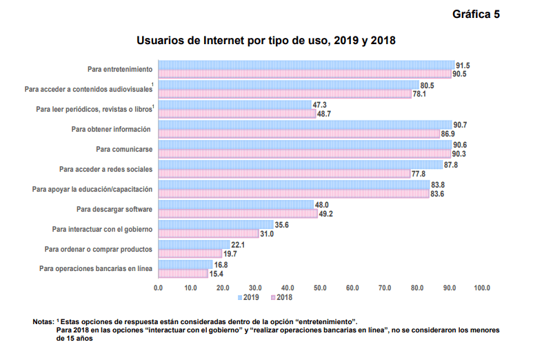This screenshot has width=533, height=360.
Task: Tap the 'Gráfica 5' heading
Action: pyautogui.click(x=476, y=14)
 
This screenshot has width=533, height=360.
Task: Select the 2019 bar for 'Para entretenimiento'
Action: pyautogui.click(x=306, y=65)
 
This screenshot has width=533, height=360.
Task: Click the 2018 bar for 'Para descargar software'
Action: pyautogui.click(x=238, y=214)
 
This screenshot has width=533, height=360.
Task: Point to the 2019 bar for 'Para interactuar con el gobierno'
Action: pyautogui.click(x=215, y=225)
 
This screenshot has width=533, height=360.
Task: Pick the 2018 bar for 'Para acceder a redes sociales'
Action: pyautogui.click(x=284, y=174)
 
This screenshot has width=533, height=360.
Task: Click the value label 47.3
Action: pyautogui.click(x=320, y=105)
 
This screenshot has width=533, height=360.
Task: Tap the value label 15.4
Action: pyautogui.click(x=217, y=273)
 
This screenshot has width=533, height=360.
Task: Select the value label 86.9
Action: pyautogui.click(x=447, y=134)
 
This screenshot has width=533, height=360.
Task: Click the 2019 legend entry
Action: pyautogui.click(x=248, y=297)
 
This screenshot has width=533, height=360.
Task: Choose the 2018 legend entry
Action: pyautogui.click(x=282, y=297)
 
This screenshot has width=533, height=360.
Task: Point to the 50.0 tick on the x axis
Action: pyautogui.click(x=320, y=287)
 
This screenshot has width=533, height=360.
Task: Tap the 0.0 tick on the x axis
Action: pyautogui.click(x=159, y=287)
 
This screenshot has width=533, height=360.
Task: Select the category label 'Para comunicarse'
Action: pyautogui.click(x=124, y=149)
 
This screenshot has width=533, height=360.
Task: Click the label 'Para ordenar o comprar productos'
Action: pyautogui.click(x=99, y=248)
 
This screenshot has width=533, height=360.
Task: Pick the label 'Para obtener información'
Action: pyautogui.click(x=111, y=129)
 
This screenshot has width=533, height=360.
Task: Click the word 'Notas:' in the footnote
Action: pyautogui.click(x=43, y=322)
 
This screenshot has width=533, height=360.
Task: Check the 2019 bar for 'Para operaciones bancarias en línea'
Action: pyautogui.click(x=185, y=264)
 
